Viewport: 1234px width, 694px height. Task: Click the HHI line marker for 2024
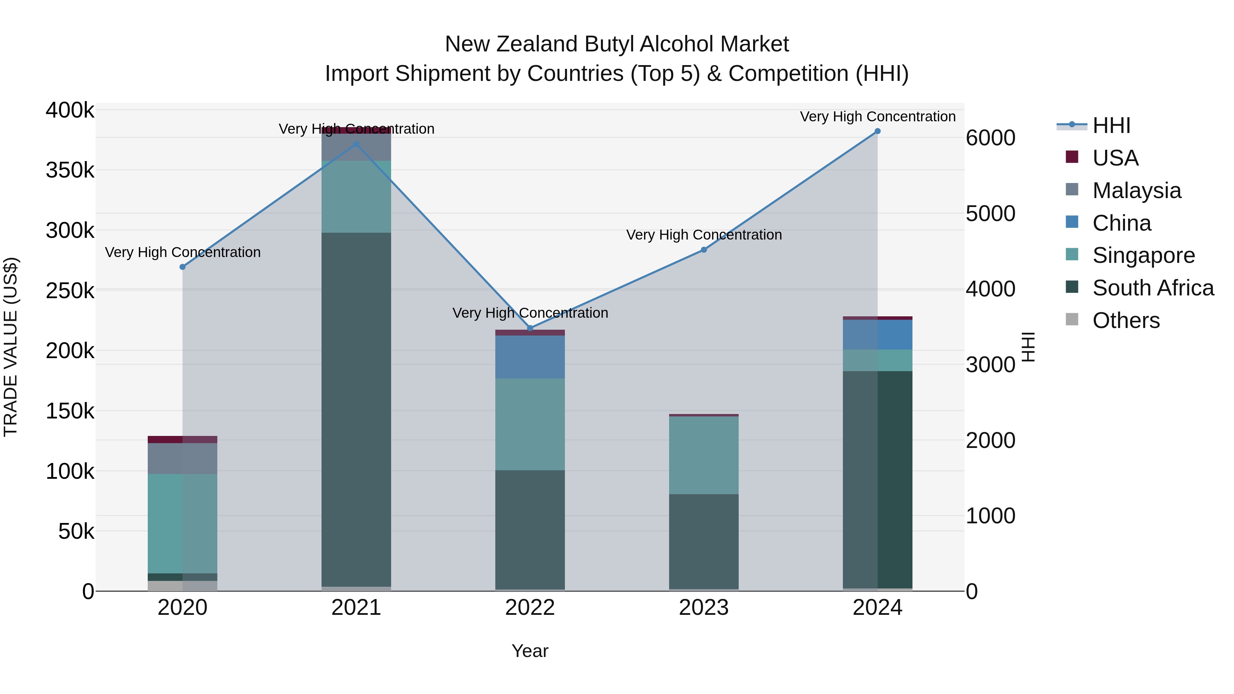[877, 131]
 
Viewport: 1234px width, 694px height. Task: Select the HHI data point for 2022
[530, 328]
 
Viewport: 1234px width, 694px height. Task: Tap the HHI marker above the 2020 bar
[182, 267]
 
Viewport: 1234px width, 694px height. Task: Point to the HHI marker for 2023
[704, 249]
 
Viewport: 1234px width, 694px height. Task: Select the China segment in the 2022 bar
[530, 357]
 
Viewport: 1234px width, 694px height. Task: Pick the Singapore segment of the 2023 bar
[704, 455]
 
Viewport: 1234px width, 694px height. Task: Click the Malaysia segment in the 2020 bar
[182, 458]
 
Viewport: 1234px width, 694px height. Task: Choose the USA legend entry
[1115, 158]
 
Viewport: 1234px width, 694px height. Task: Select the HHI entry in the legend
[1111, 125]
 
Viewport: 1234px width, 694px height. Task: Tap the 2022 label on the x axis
[530, 608]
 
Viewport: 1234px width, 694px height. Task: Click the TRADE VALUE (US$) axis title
[11, 347]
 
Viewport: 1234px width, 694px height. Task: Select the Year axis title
[530, 651]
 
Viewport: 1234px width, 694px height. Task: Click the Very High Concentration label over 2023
[704, 235]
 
